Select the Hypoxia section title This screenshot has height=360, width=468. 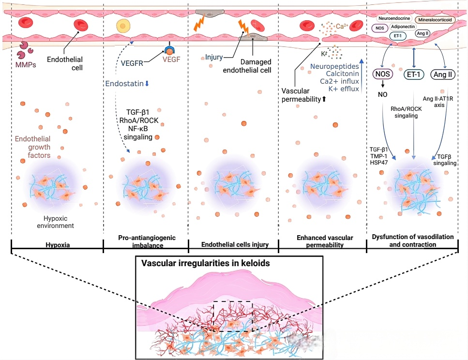(57, 245)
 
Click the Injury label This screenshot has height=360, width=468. (214, 57)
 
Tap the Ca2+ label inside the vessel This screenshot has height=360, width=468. (342, 24)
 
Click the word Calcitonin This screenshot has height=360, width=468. (342, 73)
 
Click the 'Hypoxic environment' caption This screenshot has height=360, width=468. (57, 222)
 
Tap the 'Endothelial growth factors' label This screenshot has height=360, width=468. (32, 147)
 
